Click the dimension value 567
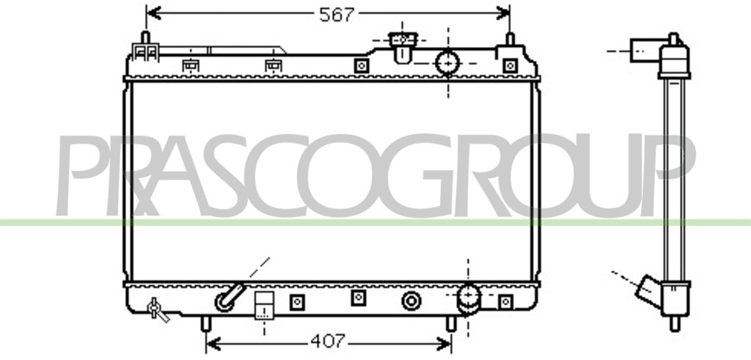[336, 15]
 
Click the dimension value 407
[328, 342]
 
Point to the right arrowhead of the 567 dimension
[503, 12]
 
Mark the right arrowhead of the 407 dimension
[444, 343]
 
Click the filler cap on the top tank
[403, 46]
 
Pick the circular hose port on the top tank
[447, 63]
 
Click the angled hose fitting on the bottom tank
[230, 297]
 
